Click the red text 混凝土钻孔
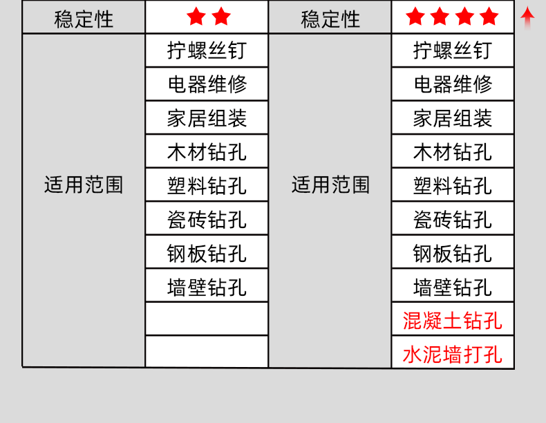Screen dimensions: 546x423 pos(453,321)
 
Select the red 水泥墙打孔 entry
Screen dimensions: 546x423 pos(453,355)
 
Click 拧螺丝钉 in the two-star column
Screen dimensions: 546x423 pos(207,50)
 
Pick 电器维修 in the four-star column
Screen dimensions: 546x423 pos(453,84)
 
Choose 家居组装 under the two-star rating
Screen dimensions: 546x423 pos(207,118)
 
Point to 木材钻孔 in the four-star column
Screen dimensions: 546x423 pos(453,151)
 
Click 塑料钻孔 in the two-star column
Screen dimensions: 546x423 pos(207,185)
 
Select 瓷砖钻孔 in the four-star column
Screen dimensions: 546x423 pos(453,219)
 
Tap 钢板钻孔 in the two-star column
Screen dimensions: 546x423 pos(207,253)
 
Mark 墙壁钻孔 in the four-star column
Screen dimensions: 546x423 pos(453,287)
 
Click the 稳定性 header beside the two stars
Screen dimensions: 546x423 pos(84,18)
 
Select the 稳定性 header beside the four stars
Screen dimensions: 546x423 pos(330,18)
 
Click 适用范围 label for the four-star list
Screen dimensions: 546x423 pos(330,185)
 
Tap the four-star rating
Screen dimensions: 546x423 pos(452,17)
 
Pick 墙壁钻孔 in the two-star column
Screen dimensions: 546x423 pos(207,287)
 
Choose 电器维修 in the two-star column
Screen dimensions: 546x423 pos(207,84)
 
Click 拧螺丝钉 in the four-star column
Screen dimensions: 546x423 pos(453,50)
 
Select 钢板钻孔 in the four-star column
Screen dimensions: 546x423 pos(453,253)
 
